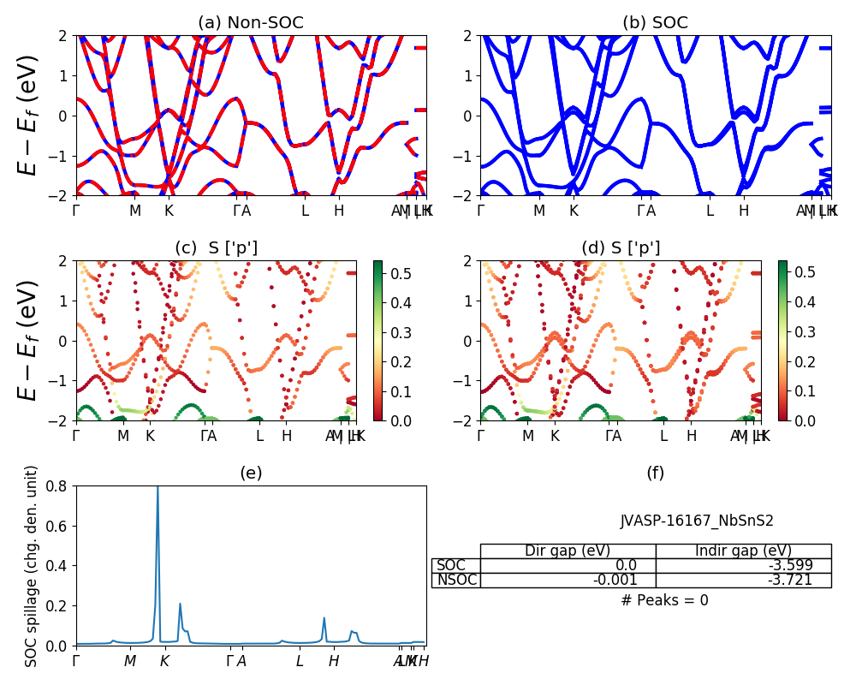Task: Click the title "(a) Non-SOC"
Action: [250, 23]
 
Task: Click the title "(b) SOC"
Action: [655, 23]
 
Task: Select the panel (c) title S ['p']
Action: [216, 248]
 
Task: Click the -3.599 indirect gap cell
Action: [743, 565]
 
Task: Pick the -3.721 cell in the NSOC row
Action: [743, 581]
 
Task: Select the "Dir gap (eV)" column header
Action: [568, 551]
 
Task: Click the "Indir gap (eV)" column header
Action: [743, 551]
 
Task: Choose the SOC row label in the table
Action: [451, 565]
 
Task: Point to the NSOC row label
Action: [455, 581]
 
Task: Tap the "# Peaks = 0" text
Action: [664, 600]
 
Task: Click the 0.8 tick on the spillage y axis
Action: [59, 486]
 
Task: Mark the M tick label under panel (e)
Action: [129, 661]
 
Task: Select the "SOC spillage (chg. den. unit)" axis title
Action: [32, 566]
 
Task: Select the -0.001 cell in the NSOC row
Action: [568, 581]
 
